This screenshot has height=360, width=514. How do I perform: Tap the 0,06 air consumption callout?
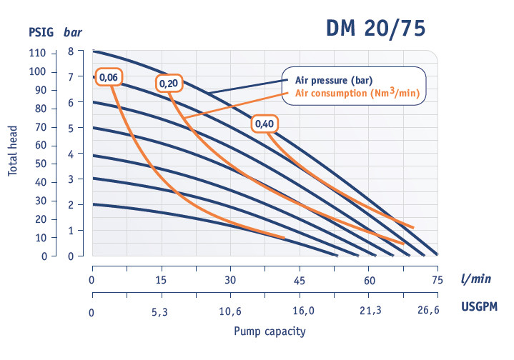pos(109,76)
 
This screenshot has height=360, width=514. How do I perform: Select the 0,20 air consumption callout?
pos(169,84)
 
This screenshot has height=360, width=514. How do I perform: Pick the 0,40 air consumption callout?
pos(264,124)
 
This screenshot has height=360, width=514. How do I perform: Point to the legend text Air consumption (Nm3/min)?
pos(355,93)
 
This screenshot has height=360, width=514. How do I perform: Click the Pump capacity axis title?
pos(270,331)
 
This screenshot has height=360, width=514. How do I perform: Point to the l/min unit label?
pos(475,279)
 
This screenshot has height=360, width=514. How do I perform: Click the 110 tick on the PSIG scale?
pos(37,54)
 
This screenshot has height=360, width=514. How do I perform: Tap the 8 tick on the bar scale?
pos(71,51)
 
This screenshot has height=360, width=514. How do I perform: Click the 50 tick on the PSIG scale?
pos(40,164)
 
